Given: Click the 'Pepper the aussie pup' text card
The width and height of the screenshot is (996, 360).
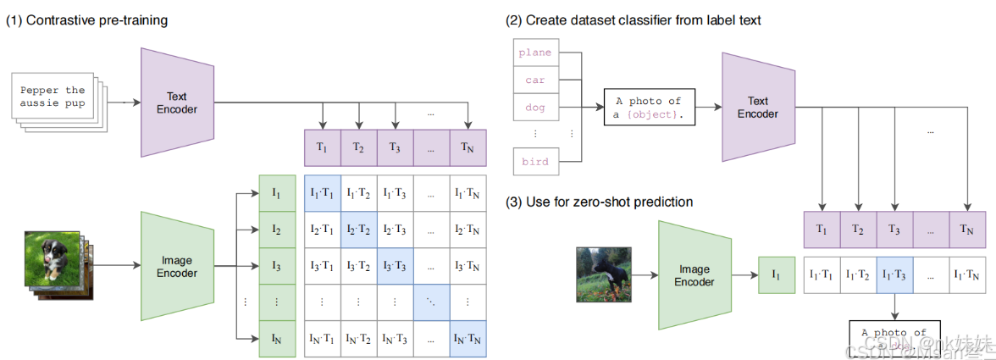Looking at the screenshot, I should tap(53, 97).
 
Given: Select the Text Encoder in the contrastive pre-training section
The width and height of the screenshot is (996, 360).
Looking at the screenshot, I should tap(177, 102).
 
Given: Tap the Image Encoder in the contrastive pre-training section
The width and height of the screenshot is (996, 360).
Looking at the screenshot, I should tap(177, 266).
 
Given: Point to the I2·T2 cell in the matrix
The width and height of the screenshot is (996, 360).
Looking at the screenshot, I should tap(358, 230).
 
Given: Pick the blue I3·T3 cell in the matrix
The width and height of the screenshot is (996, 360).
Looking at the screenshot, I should tap(395, 266).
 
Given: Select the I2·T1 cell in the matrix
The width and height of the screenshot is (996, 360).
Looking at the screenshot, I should tap(321, 230).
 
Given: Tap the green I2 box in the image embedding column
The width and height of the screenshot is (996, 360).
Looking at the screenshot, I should tap(276, 230).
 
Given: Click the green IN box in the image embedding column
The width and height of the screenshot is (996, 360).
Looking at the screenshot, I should tap(276, 339).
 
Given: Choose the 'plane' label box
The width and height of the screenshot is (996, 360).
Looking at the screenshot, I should tap(535, 53).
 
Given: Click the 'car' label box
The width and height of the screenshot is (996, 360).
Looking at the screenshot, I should tap(535, 80).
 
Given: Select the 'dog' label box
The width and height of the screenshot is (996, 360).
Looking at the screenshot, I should tap(535, 108).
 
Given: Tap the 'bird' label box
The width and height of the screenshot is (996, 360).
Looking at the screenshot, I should tap(535, 162).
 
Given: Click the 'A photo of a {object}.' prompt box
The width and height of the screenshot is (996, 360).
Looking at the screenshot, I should tap(648, 108).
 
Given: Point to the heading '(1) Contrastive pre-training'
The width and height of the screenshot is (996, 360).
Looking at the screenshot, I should tap(87, 20).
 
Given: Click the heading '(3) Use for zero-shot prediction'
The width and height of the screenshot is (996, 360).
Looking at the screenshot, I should tap(600, 202).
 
